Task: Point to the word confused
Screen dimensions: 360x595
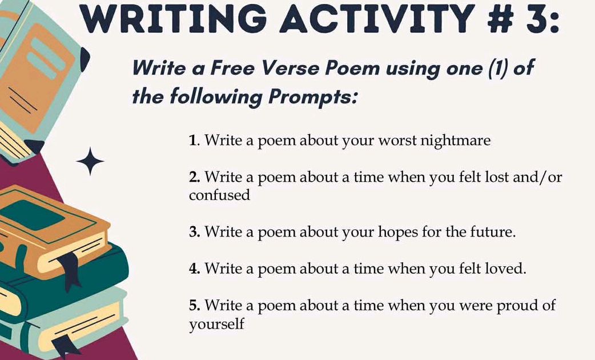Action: click(x=219, y=195)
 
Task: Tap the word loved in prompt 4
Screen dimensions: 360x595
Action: click(x=505, y=268)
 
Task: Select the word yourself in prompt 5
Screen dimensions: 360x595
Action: click(x=216, y=325)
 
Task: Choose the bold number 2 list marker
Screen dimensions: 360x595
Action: click(x=194, y=177)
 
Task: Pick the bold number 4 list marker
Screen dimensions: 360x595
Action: click(x=194, y=268)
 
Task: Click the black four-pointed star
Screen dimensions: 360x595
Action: click(x=90, y=162)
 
